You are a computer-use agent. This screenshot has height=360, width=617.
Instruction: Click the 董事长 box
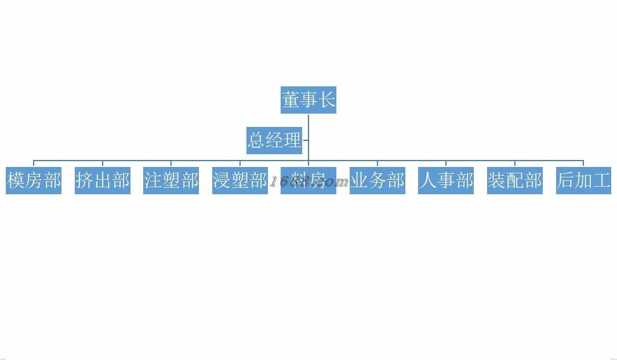[x=308, y=100]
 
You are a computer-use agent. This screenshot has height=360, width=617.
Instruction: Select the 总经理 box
[x=274, y=140]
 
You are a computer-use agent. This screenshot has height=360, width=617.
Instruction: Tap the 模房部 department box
[x=34, y=180]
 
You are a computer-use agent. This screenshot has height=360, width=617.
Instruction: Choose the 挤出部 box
[x=103, y=180]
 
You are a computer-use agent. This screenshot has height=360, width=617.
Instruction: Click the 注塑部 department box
[x=171, y=180]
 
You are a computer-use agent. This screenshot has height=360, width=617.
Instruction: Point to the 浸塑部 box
[x=239, y=180]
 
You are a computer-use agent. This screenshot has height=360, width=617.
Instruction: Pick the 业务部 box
[x=378, y=180]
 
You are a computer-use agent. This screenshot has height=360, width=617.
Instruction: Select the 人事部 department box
[x=446, y=180]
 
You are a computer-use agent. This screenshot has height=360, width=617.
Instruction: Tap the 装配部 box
[x=514, y=180]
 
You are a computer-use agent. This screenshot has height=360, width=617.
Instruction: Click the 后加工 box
[x=583, y=180]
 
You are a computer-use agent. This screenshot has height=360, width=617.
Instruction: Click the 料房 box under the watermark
[x=308, y=180]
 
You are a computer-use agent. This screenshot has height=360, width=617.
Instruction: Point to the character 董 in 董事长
[x=291, y=100]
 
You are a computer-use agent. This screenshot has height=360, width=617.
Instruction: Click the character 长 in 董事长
[x=326, y=100]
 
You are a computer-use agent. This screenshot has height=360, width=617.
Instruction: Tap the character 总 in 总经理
[x=256, y=140]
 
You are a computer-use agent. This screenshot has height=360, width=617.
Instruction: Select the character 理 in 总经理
[x=292, y=140]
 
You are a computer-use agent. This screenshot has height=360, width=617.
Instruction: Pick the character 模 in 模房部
[x=16, y=180]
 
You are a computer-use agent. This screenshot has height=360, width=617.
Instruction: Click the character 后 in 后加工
[x=565, y=180]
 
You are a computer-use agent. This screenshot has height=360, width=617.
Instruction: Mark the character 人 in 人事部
[x=428, y=180]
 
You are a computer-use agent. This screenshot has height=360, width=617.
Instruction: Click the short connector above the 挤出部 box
[x=103, y=163]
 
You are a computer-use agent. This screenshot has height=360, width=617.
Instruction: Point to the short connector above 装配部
[x=514, y=163]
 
